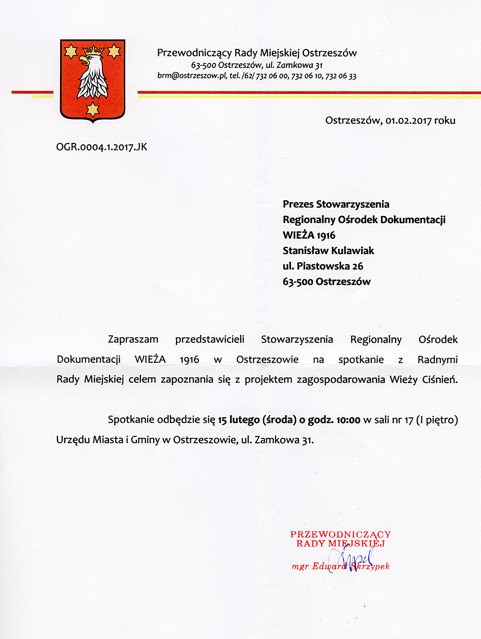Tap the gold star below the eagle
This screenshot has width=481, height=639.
point(92,110)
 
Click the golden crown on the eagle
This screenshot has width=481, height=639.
point(94,50)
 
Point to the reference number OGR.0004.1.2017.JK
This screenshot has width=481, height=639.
point(101,147)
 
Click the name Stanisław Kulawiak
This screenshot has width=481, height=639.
point(328,251)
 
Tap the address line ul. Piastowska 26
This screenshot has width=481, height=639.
point(323,266)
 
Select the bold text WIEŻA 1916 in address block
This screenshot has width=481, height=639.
point(309,235)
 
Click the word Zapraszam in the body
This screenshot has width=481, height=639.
point(133,340)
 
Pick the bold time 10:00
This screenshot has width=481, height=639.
point(348,420)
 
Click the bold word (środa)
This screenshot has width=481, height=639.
point(279,420)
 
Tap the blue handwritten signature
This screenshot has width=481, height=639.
point(356,560)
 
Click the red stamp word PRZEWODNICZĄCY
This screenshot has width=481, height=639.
point(340,535)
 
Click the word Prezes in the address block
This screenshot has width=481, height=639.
point(298,204)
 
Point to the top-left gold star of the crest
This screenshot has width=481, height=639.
point(71,51)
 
